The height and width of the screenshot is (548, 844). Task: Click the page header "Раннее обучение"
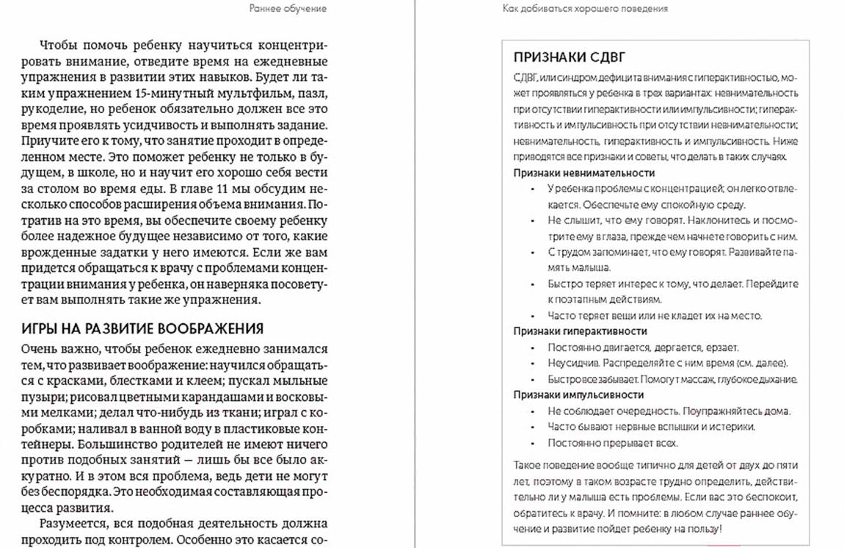(288, 9)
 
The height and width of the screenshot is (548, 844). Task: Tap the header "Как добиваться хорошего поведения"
(585, 9)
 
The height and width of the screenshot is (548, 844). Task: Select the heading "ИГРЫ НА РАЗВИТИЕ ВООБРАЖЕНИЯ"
(142, 328)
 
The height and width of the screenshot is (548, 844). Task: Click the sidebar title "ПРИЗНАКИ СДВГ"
(569, 57)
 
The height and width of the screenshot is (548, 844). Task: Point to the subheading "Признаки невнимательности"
(583, 173)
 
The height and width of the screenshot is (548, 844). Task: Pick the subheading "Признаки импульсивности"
(578, 394)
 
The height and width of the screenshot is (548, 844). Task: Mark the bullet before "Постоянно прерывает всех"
(532, 443)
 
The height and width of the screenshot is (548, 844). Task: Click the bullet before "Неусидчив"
(532, 364)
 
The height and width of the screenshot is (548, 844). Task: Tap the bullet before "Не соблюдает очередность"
(532, 411)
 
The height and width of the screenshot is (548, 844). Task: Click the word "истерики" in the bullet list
(735, 427)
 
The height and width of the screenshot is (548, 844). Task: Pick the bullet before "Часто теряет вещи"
(532, 316)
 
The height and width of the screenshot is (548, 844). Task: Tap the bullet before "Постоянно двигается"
(532, 347)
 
